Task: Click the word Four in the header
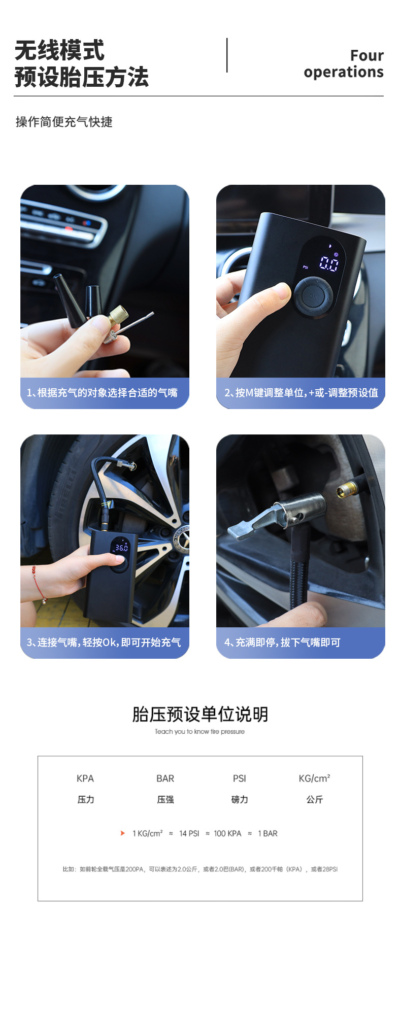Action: (367, 55)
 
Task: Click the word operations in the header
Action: (344, 72)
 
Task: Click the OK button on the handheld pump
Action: (313, 296)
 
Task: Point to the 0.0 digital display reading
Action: (329, 263)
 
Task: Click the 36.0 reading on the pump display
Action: (121, 548)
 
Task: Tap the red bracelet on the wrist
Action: (38, 584)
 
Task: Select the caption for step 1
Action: (102, 392)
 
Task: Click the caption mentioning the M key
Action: (301, 392)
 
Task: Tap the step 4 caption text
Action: (282, 642)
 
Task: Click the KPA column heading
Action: (85, 779)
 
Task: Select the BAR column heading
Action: (165, 779)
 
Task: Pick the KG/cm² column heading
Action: (315, 779)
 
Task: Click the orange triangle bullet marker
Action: (122, 833)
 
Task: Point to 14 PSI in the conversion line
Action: (189, 833)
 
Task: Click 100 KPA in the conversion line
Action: (227, 833)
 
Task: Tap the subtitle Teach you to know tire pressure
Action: (200, 731)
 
